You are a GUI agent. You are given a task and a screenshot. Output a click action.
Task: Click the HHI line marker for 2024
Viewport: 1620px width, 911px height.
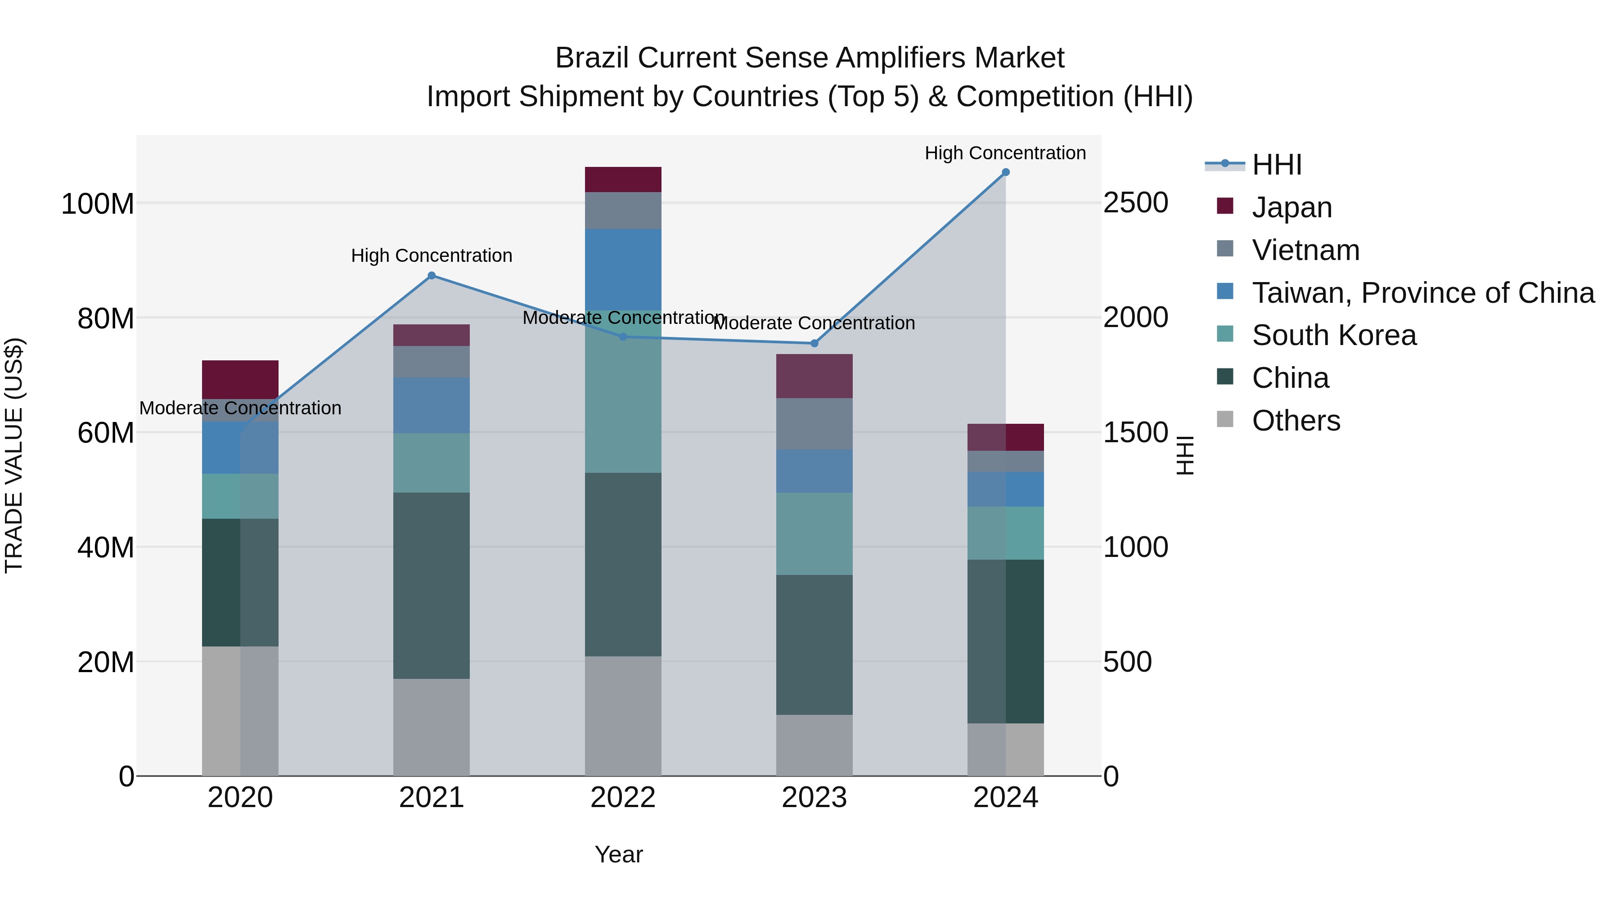1006,172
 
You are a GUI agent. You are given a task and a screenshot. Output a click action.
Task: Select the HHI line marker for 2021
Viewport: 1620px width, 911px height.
432,275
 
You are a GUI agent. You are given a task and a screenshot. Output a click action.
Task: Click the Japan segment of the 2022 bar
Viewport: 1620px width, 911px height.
623,180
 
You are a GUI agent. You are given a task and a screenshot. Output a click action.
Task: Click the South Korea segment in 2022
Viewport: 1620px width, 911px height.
623,391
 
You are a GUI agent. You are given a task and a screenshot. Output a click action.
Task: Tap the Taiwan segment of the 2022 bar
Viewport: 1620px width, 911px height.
623,270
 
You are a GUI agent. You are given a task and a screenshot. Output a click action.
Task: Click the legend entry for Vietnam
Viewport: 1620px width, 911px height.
1305,250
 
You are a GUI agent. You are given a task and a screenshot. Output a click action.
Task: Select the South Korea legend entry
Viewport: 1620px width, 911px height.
1334,335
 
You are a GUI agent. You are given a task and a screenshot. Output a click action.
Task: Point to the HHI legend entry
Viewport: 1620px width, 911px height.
1277,165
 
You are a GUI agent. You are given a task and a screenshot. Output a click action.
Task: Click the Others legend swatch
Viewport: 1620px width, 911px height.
1225,419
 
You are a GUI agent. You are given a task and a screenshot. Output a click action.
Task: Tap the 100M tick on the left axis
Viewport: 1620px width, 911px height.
98,204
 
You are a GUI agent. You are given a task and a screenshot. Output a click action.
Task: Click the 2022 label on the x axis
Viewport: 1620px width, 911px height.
623,798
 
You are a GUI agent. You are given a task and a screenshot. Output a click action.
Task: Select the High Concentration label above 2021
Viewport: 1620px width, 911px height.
432,256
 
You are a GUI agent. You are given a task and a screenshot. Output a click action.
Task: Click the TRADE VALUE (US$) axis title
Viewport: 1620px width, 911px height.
14,455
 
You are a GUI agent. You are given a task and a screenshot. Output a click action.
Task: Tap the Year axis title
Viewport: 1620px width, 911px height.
619,854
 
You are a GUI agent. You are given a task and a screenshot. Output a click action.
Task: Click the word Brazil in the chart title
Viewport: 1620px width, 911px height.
592,58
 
